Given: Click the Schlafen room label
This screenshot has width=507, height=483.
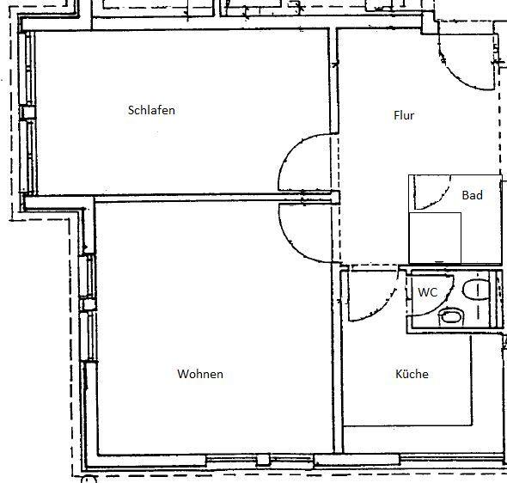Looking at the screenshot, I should click(x=151, y=110).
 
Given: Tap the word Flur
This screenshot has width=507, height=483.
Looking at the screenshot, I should click(x=404, y=114).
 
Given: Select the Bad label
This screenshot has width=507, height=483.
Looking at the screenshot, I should click(x=472, y=195).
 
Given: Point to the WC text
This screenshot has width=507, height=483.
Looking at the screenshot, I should click(x=428, y=292).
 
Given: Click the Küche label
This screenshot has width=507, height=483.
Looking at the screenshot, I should click(x=411, y=374).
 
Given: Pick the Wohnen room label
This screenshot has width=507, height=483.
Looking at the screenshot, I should click(x=200, y=374).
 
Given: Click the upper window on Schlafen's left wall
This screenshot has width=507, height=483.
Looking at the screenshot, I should click(x=26, y=72).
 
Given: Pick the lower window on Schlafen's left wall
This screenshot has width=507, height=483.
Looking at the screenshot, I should click(x=26, y=155).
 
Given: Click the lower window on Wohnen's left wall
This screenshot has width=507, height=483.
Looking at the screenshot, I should click(x=88, y=339).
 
